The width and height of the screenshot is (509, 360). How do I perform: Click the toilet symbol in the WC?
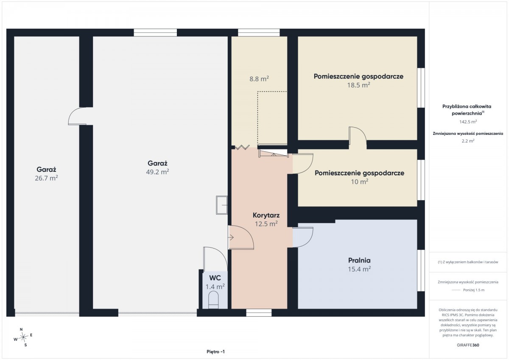click(x=213, y=300)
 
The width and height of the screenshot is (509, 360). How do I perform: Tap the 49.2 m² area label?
click(x=157, y=172)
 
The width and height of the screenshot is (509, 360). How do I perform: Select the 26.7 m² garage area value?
click(x=46, y=178)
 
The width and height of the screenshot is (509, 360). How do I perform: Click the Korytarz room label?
click(x=266, y=215)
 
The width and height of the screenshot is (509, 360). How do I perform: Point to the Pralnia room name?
click(x=359, y=260)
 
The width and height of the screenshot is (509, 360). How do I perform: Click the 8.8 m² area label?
click(x=259, y=79)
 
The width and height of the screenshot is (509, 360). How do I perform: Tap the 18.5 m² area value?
click(x=358, y=85)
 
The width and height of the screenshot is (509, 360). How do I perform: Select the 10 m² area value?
click(x=360, y=181)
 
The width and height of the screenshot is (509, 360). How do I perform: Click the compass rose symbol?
click(x=23, y=337)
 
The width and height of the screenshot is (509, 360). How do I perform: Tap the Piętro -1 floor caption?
click(x=215, y=352)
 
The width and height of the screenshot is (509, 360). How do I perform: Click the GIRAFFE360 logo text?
click(x=468, y=345)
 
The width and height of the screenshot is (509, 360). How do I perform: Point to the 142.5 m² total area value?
click(x=468, y=122)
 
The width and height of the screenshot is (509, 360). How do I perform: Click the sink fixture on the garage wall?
click(x=221, y=205)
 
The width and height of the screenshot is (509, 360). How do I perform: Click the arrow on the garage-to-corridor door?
click(x=231, y=237)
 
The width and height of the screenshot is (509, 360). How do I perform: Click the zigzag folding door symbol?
click(x=242, y=148)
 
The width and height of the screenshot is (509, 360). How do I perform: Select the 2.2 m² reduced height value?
click(x=468, y=141)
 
